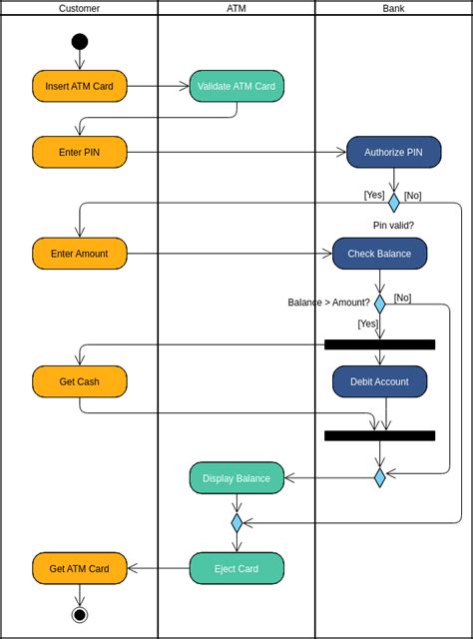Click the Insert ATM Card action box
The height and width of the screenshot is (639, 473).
(x=80, y=86)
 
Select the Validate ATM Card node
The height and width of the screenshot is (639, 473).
(x=236, y=86)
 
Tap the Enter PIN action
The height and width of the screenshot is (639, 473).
(x=80, y=152)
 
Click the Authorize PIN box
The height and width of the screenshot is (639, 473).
(x=393, y=152)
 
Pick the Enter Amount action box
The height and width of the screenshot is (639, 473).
(x=80, y=254)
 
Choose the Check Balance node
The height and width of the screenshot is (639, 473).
(x=379, y=254)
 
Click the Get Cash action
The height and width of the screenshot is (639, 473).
(x=80, y=381)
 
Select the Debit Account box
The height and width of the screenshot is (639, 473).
(x=379, y=381)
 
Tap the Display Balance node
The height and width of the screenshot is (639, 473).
(x=236, y=478)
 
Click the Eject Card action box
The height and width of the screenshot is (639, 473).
(x=236, y=568)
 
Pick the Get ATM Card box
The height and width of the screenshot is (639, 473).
(x=80, y=568)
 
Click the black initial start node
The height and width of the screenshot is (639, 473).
(x=80, y=41)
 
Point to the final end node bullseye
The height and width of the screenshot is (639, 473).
(x=80, y=614)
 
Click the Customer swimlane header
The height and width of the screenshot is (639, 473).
(x=79, y=8)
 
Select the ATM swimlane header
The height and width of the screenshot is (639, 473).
(x=236, y=8)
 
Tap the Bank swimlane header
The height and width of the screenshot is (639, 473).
(x=393, y=8)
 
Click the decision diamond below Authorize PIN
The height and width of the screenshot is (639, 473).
(x=393, y=203)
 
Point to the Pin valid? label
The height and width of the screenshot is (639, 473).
(x=393, y=226)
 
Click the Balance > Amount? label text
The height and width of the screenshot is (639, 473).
(x=328, y=303)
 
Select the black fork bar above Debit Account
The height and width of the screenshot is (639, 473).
(x=379, y=344)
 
